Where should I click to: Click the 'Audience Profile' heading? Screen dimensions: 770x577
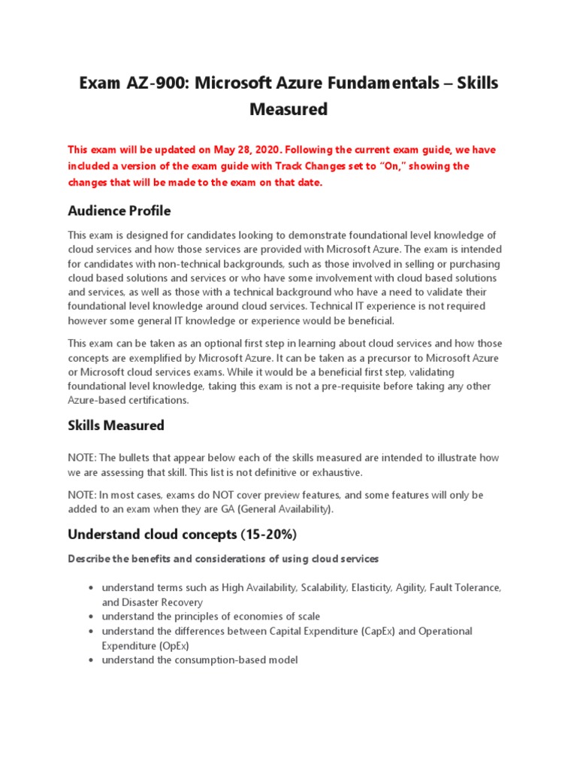point(119,210)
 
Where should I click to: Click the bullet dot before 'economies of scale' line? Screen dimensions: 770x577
point(90,617)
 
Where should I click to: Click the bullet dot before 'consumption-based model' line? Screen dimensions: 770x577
point(90,660)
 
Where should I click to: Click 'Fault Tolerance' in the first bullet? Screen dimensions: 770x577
point(465,587)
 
